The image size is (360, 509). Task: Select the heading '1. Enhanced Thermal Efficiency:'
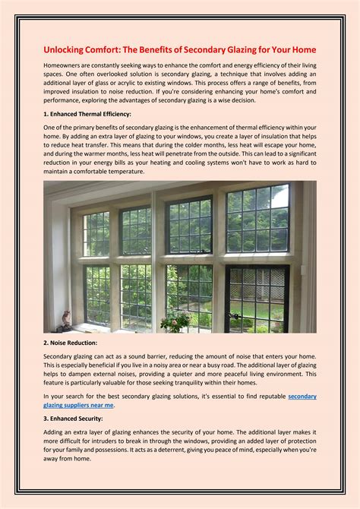(x=92, y=113)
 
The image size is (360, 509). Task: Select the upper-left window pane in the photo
(x=96, y=233)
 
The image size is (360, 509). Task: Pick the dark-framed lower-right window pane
(x=257, y=298)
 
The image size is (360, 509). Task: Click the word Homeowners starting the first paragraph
(x=65, y=67)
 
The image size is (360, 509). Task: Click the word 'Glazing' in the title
(x=263, y=49)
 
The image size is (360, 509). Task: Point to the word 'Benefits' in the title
(x=167, y=49)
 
